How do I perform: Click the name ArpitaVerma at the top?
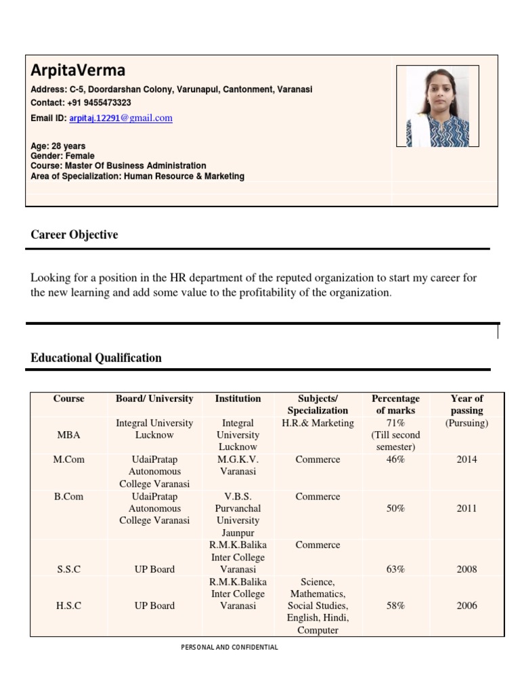coord(78,70)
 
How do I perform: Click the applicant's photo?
coord(437,106)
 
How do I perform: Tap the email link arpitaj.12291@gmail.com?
coord(121,118)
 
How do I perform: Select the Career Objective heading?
coord(74,235)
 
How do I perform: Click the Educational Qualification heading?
coord(96,358)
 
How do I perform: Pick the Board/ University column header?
coord(154,399)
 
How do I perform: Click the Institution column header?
coord(238,399)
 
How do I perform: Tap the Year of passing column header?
coord(467,404)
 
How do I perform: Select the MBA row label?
coord(69,435)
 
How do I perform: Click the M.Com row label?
coord(69,460)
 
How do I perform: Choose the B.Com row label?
coord(69,496)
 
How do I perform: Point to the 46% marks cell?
coord(395,460)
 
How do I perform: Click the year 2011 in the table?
coord(467,508)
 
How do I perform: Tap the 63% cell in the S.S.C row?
coord(395,569)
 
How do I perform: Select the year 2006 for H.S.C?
coord(467,606)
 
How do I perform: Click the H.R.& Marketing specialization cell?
coord(318,423)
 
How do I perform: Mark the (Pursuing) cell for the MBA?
coord(467,423)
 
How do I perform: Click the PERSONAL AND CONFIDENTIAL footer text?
coord(230,648)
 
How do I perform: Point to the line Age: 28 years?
coord(58,146)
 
